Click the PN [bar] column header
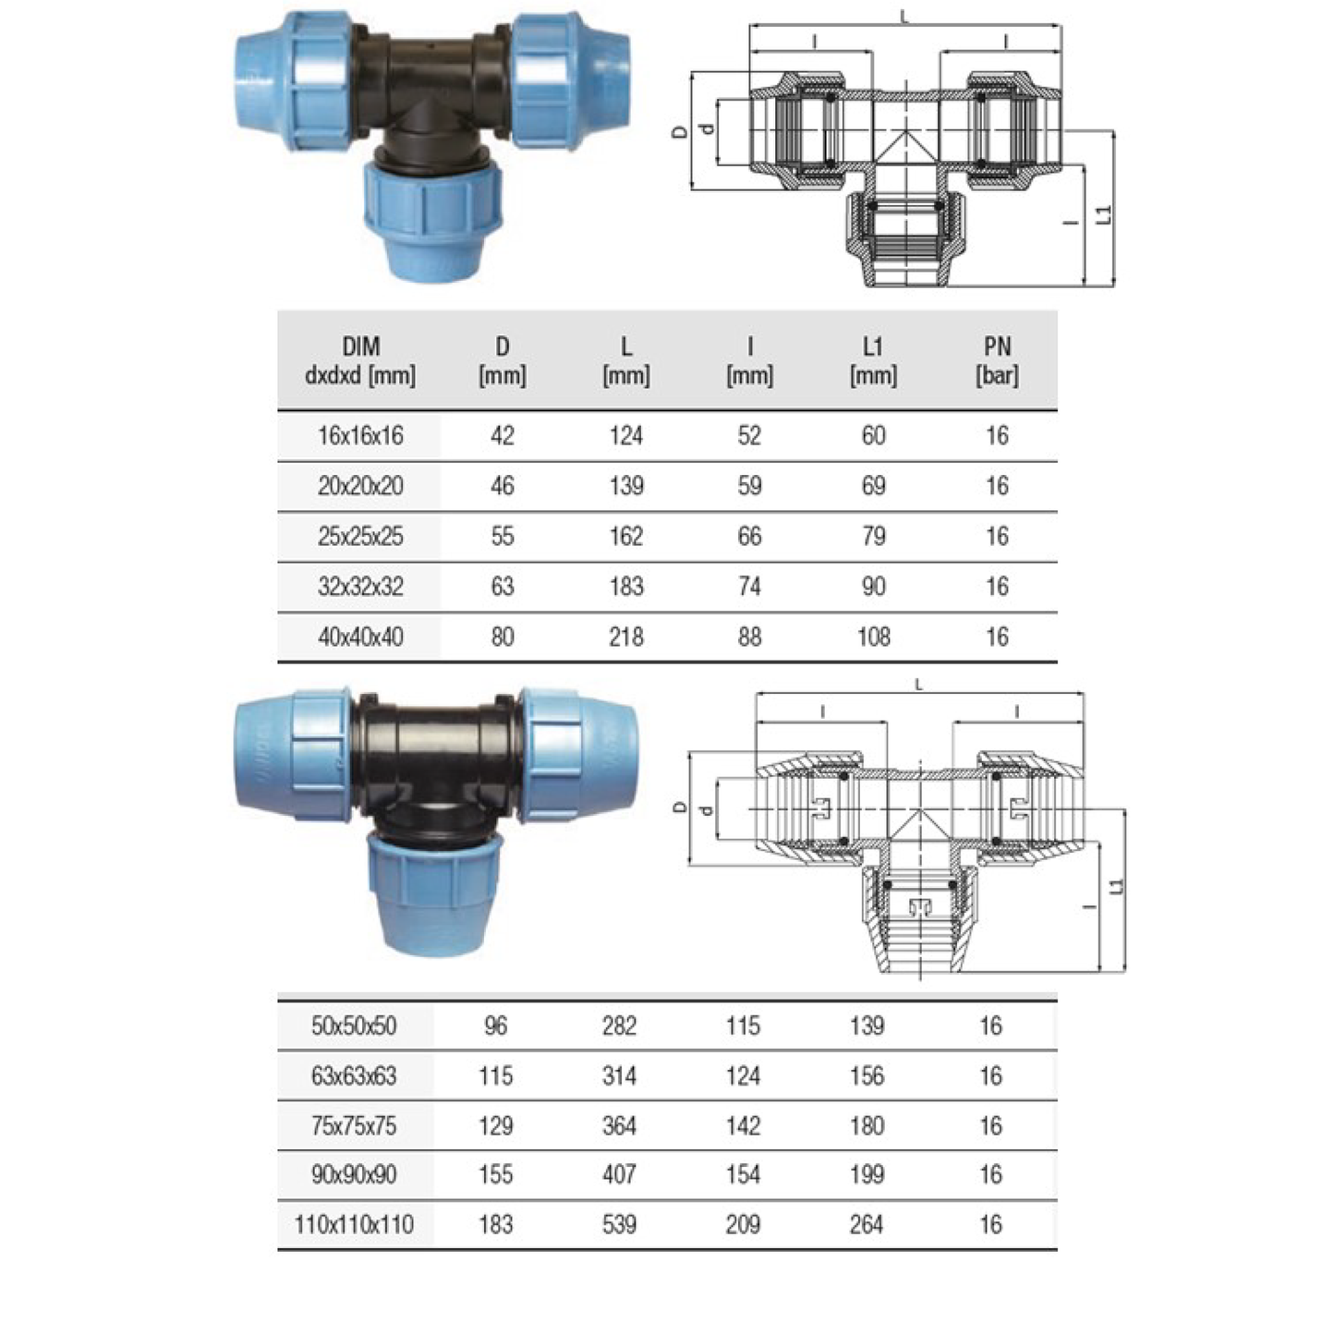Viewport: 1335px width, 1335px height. (x=997, y=361)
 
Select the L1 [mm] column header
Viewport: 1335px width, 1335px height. (x=873, y=361)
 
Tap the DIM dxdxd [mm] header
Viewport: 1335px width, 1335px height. (x=360, y=361)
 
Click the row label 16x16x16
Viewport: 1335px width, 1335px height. (x=360, y=436)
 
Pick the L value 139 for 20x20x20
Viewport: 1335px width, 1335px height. (x=626, y=486)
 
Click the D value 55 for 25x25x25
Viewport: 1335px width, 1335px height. (x=503, y=536)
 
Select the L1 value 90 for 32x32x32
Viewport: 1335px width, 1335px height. (x=873, y=587)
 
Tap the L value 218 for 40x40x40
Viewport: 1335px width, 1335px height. (x=626, y=637)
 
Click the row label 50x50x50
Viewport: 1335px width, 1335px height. (x=354, y=1026)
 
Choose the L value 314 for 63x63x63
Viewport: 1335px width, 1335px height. (x=619, y=1076)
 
